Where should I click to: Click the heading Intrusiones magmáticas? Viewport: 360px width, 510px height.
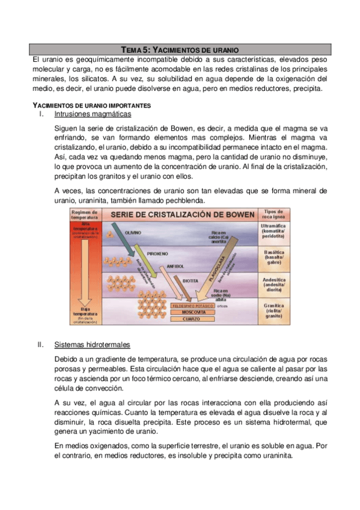tap(93, 114)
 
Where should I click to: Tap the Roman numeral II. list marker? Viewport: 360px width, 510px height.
tap(41, 345)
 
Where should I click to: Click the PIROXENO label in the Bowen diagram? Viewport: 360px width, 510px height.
tap(157, 254)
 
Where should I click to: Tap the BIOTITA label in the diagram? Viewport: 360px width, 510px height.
tap(191, 280)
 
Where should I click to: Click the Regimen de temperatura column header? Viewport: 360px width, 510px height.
tap(85, 215)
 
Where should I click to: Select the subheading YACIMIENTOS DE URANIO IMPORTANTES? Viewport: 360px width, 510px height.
tap(91, 105)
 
